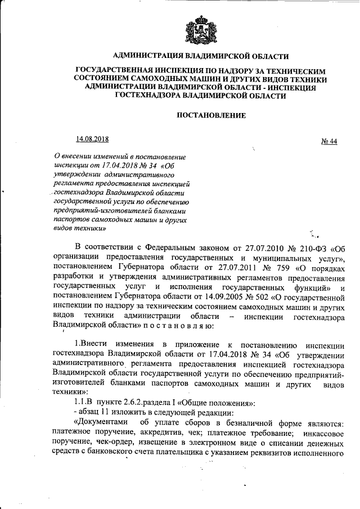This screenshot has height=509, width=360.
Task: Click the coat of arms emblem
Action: [200, 29]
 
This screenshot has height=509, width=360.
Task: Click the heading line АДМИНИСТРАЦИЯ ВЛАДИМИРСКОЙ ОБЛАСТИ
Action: [200, 56]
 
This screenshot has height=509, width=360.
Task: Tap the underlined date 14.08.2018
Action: [92, 139]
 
